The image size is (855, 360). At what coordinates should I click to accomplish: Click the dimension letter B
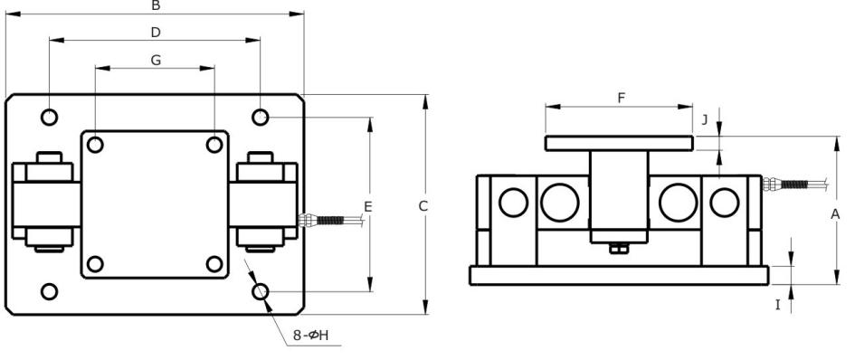(156, 5)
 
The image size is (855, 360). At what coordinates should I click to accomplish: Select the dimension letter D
(156, 33)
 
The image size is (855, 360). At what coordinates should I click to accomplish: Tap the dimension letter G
(156, 60)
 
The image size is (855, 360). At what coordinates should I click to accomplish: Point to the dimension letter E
(368, 207)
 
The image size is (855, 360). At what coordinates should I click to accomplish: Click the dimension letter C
(423, 206)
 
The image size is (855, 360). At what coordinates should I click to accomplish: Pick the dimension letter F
(621, 99)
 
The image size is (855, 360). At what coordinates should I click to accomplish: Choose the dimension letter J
(705, 120)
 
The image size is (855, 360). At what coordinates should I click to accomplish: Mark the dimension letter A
(835, 215)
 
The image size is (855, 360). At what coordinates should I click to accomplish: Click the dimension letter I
(778, 305)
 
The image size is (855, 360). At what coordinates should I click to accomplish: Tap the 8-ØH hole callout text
(311, 335)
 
